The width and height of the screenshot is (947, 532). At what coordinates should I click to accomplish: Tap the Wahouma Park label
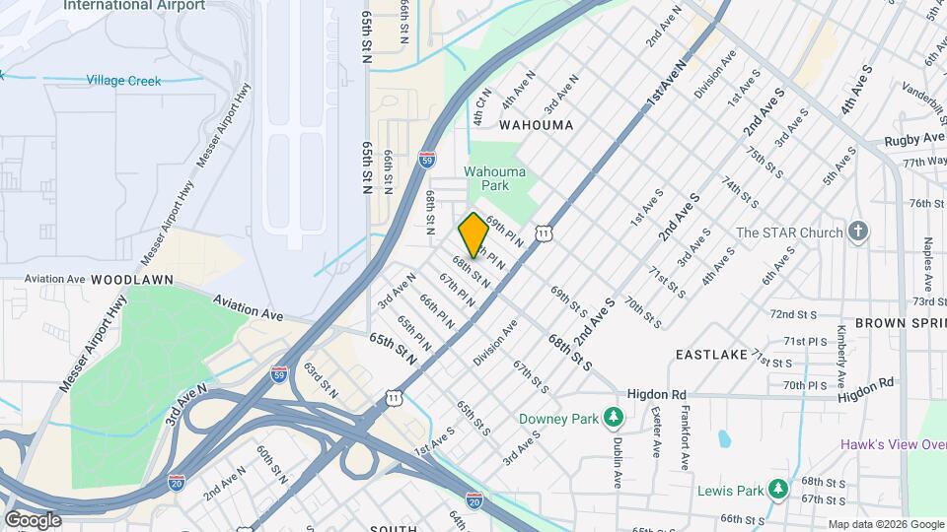point(495,177)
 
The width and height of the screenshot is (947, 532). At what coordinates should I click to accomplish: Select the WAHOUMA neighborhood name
point(535,125)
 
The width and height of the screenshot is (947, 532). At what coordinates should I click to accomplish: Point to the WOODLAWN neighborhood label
point(132,280)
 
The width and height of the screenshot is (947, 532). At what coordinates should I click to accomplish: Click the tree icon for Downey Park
point(615,419)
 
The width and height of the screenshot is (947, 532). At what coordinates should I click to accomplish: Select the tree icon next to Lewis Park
point(778,490)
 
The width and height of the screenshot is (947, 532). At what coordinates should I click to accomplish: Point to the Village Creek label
point(123,81)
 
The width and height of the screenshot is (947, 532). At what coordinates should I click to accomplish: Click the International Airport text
point(134,6)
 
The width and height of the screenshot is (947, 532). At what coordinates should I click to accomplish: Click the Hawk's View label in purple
point(893,444)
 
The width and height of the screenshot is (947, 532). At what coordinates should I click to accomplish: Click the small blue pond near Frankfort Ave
point(725,437)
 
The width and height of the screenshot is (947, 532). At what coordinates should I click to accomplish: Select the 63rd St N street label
point(321,380)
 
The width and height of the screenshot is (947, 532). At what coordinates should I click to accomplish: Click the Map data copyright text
point(885,524)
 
